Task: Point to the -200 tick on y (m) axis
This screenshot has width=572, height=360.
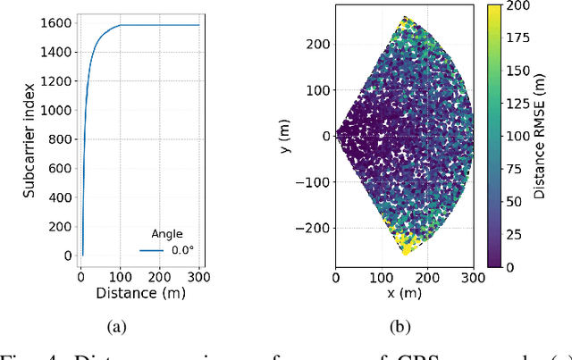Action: [x=314, y=229]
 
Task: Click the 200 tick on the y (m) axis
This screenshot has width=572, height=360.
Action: [x=318, y=44]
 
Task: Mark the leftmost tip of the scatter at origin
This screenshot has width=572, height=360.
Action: [x=337, y=136]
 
